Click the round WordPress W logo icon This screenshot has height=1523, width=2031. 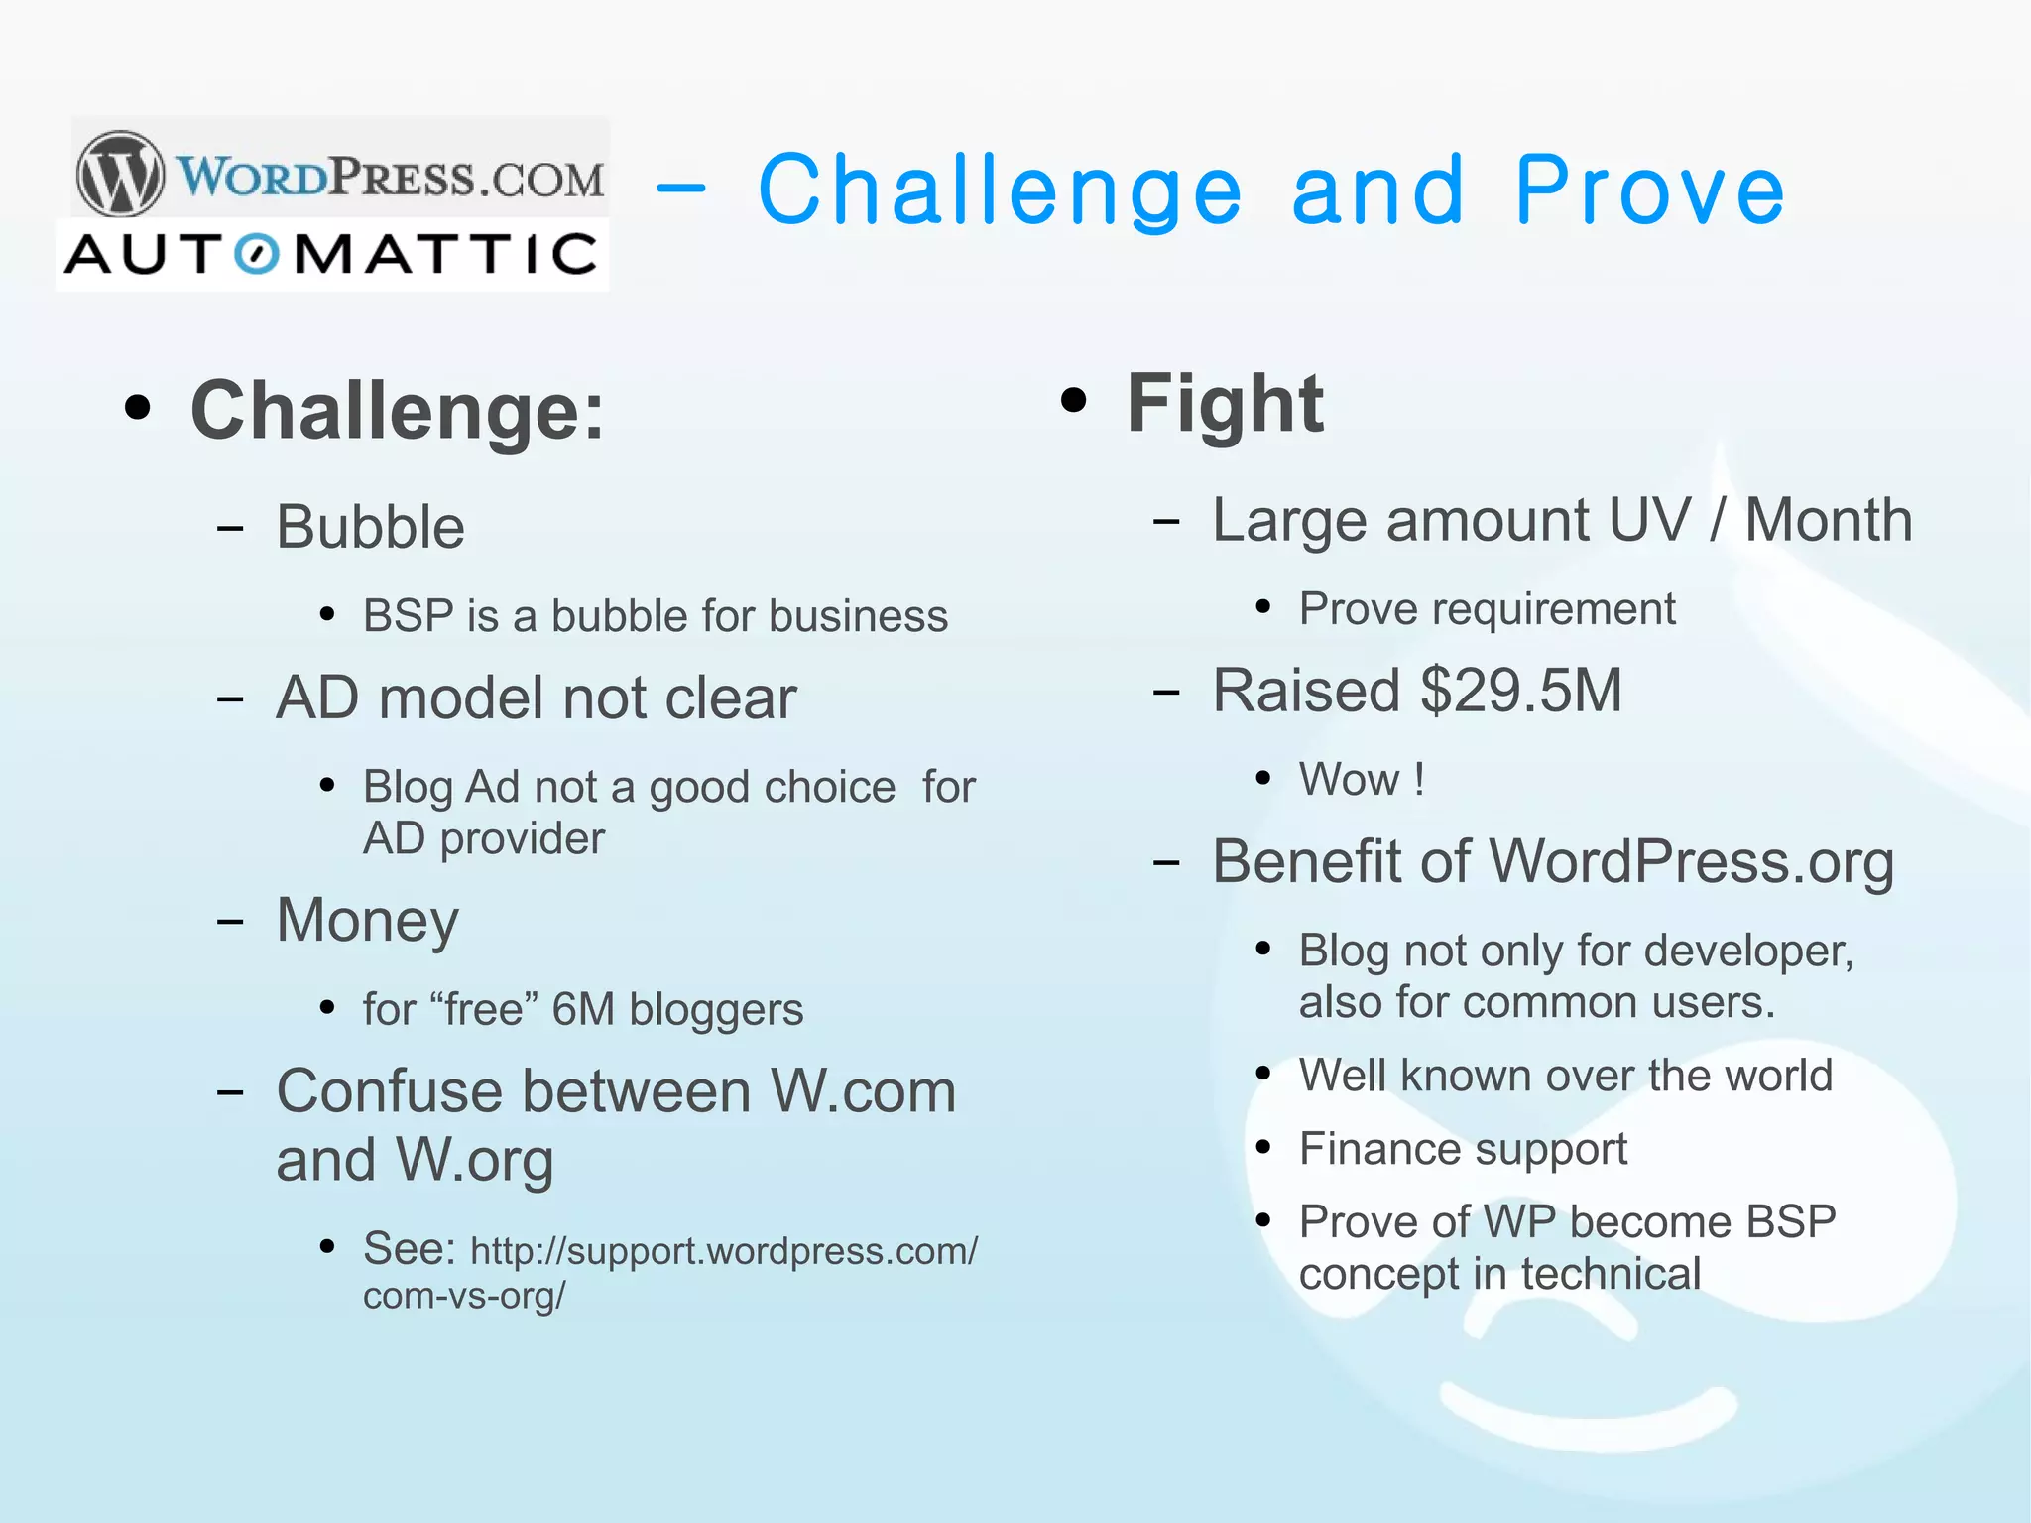pos(121,174)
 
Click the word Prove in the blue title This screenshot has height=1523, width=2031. pos(1650,190)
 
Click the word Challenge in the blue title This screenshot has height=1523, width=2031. pos(1000,190)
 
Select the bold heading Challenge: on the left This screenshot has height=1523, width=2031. pos(397,411)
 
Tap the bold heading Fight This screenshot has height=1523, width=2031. pos(1225,403)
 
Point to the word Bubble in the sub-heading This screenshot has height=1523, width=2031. pos(370,527)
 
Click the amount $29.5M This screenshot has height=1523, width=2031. pos(1521,691)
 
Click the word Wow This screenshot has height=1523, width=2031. pos(1350,779)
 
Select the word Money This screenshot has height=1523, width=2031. pos(367,920)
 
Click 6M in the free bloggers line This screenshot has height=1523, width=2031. pos(583,1009)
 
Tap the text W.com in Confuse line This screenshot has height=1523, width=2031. pos(863,1091)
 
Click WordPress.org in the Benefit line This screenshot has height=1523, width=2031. pos(1692,861)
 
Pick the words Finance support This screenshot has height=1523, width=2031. pos(1463,1149)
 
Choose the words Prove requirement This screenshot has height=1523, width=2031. pos(1487,608)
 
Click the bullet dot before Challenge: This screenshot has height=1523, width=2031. pos(138,408)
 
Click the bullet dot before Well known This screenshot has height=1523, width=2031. pos(1262,1074)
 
